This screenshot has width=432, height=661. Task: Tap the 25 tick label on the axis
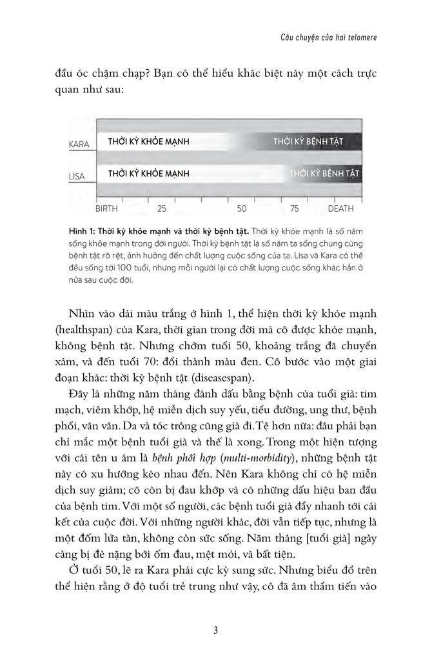point(162,210)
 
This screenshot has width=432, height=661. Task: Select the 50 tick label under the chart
point(241,210)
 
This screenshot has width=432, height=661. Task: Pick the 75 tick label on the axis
point(294,210)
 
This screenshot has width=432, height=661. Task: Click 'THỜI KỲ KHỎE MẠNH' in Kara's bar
point(148,141)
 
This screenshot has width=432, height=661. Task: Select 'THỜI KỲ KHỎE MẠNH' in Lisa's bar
point(148,174)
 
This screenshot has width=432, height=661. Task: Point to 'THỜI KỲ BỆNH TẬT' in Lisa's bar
point(324,174)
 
